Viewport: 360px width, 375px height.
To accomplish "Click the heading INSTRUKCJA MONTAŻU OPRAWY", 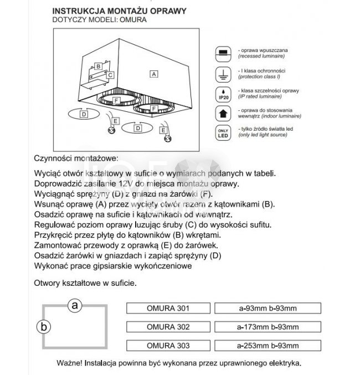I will [119, 11].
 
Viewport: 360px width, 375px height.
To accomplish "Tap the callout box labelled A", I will [155, 73].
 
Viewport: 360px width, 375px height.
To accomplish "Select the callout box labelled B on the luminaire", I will [97, 66].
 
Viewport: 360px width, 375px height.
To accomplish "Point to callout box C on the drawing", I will [110, 75].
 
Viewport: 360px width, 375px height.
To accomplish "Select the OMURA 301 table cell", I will [169, 307].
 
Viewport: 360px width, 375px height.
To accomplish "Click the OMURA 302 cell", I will [169, 326].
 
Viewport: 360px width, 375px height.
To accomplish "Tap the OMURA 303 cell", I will [169, 345].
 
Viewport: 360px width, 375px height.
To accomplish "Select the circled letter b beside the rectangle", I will [43, 327].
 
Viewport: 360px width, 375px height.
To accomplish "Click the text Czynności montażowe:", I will [76, 157].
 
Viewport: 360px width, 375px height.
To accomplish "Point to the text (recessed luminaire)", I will [262, 56].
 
